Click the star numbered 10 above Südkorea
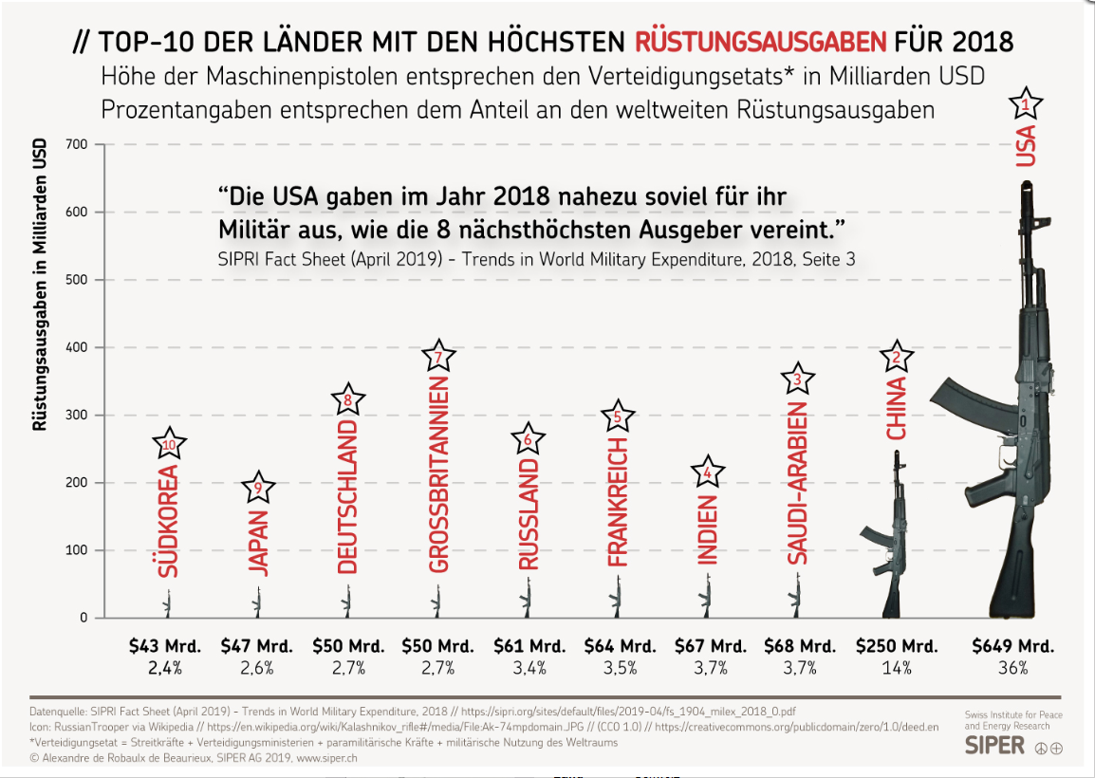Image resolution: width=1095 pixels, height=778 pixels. coord(169,442)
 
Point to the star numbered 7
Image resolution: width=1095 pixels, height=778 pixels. coord(438,357)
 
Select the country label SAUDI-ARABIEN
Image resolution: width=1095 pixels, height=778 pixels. coord(798,488)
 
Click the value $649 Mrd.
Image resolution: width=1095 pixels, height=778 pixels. coord(1012,646)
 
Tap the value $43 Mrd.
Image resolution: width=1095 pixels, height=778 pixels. coord(165,646)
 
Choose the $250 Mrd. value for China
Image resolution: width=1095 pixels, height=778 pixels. coord(897,646)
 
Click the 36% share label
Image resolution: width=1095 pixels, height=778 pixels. coord(1012,668)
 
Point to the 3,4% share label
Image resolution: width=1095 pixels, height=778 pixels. coord(529,668)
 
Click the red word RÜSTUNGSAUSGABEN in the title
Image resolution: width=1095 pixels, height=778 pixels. coord(761,42)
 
